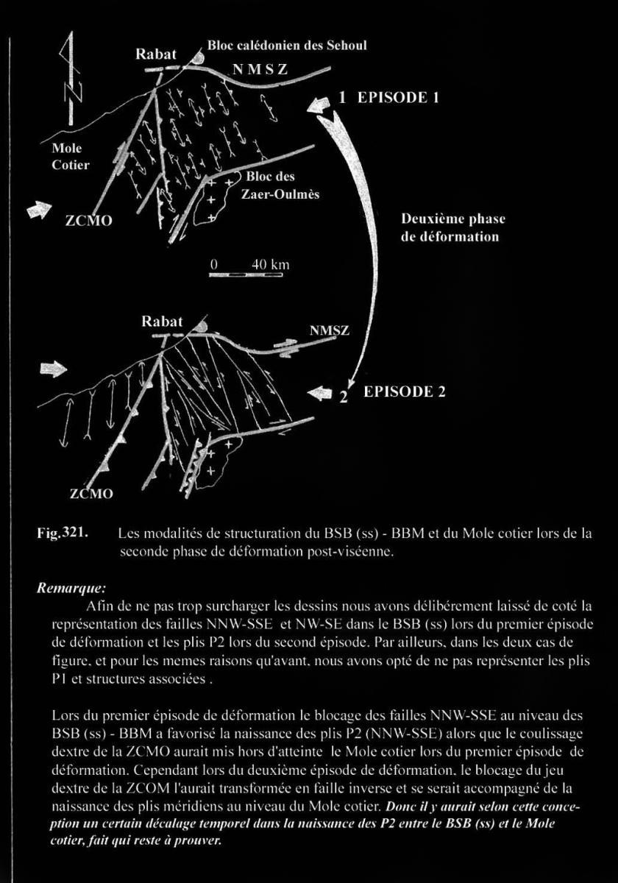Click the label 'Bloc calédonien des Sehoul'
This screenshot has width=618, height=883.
coord(287,46)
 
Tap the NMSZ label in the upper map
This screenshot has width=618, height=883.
coord(260,70)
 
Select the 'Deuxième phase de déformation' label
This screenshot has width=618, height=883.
coord(453,228)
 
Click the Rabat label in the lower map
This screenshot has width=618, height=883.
coord(162,322)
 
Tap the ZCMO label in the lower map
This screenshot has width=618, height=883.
coord(92,493)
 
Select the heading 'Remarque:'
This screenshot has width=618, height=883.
coord(71,589)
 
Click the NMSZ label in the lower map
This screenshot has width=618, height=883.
coord(329,331)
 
